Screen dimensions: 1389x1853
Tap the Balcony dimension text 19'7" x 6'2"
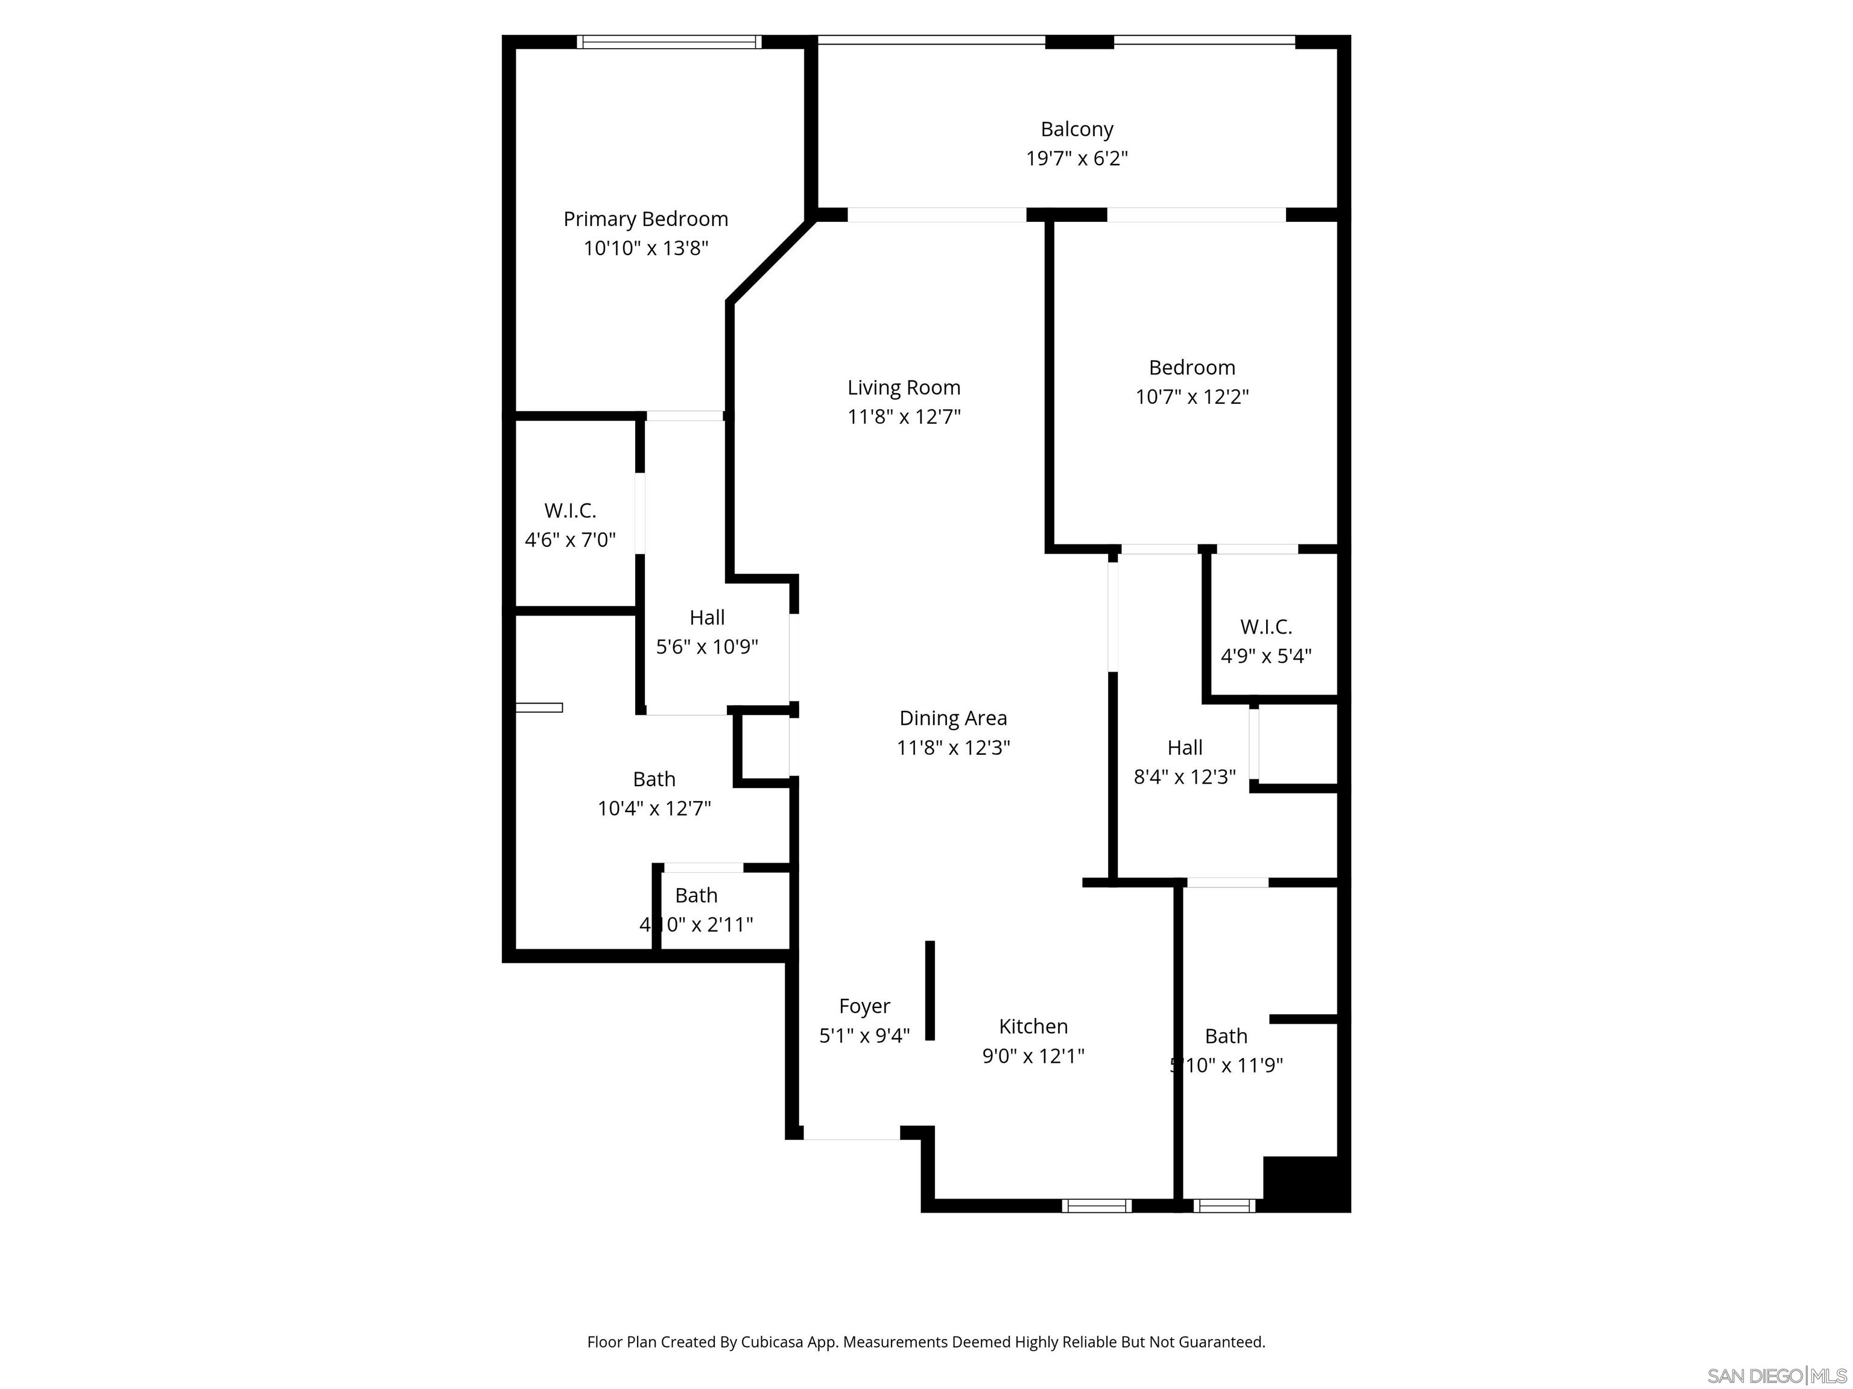pos(1077,158)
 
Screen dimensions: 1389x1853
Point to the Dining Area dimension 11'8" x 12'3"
pos(952,748)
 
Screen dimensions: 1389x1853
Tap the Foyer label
pos(864,1006)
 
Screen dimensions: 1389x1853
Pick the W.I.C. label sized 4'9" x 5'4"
pos(1265,626)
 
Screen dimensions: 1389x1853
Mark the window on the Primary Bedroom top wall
pos(668,42)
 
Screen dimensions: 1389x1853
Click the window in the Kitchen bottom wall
pos(1096,1206)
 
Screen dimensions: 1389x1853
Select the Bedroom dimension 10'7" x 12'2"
pos(1191,397)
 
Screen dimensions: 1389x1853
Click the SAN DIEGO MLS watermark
pos(1776,1376)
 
